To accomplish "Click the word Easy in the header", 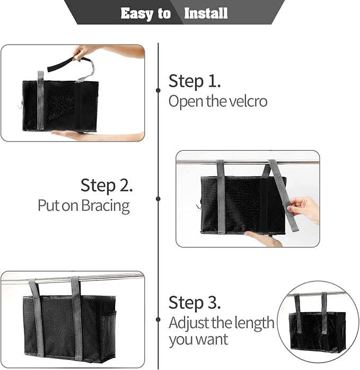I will click(136, 13).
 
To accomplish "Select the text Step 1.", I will click(194, 82).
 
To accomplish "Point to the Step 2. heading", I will click(107, 186).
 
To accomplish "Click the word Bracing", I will click(106, 205).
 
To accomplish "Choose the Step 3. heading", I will click(194, 303).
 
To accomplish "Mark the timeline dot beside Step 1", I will click(158, 90).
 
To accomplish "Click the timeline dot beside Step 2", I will click(158, 199).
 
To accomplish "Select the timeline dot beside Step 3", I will click(158, 320).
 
